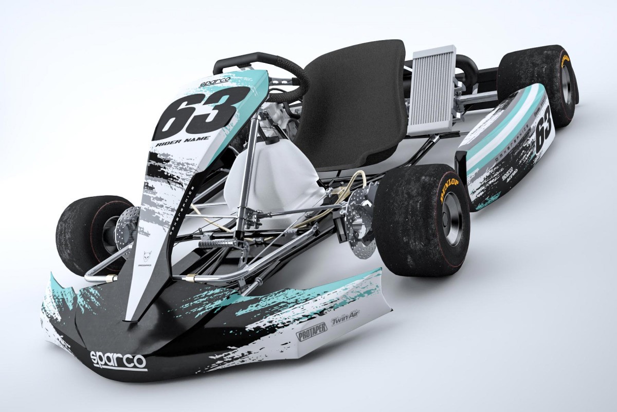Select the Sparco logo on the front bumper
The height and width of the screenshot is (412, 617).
(x=118, y=359)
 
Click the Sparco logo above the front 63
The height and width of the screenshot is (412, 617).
(x=215, y=82)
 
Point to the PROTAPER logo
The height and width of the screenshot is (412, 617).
(x=311, y=332)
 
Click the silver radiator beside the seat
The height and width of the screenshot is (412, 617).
(x=432, y=90)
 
